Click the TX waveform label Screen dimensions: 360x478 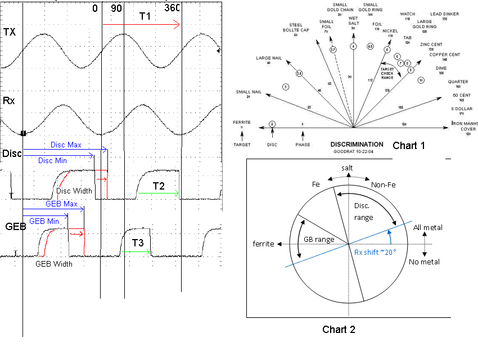tap(10, 33)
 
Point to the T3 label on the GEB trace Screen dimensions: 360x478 tap(138, 243)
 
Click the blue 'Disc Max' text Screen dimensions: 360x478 tap(66, 145)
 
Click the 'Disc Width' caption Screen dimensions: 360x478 tap(74, 191)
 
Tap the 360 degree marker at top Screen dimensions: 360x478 tap(173, 8)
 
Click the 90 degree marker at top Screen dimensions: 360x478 tap(117, 8)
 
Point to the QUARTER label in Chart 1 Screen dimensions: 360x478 tap(458, 82)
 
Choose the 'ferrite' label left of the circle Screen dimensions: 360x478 tap(263, 244)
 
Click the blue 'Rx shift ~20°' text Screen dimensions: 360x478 tap(376, 251)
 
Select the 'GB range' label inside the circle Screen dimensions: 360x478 tap(319, 240)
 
